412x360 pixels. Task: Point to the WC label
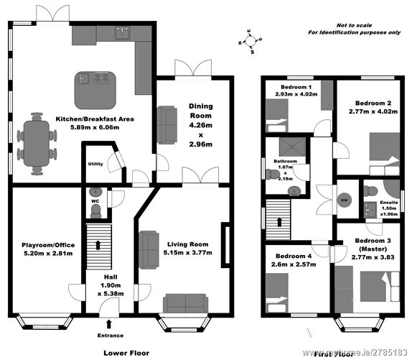95,201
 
